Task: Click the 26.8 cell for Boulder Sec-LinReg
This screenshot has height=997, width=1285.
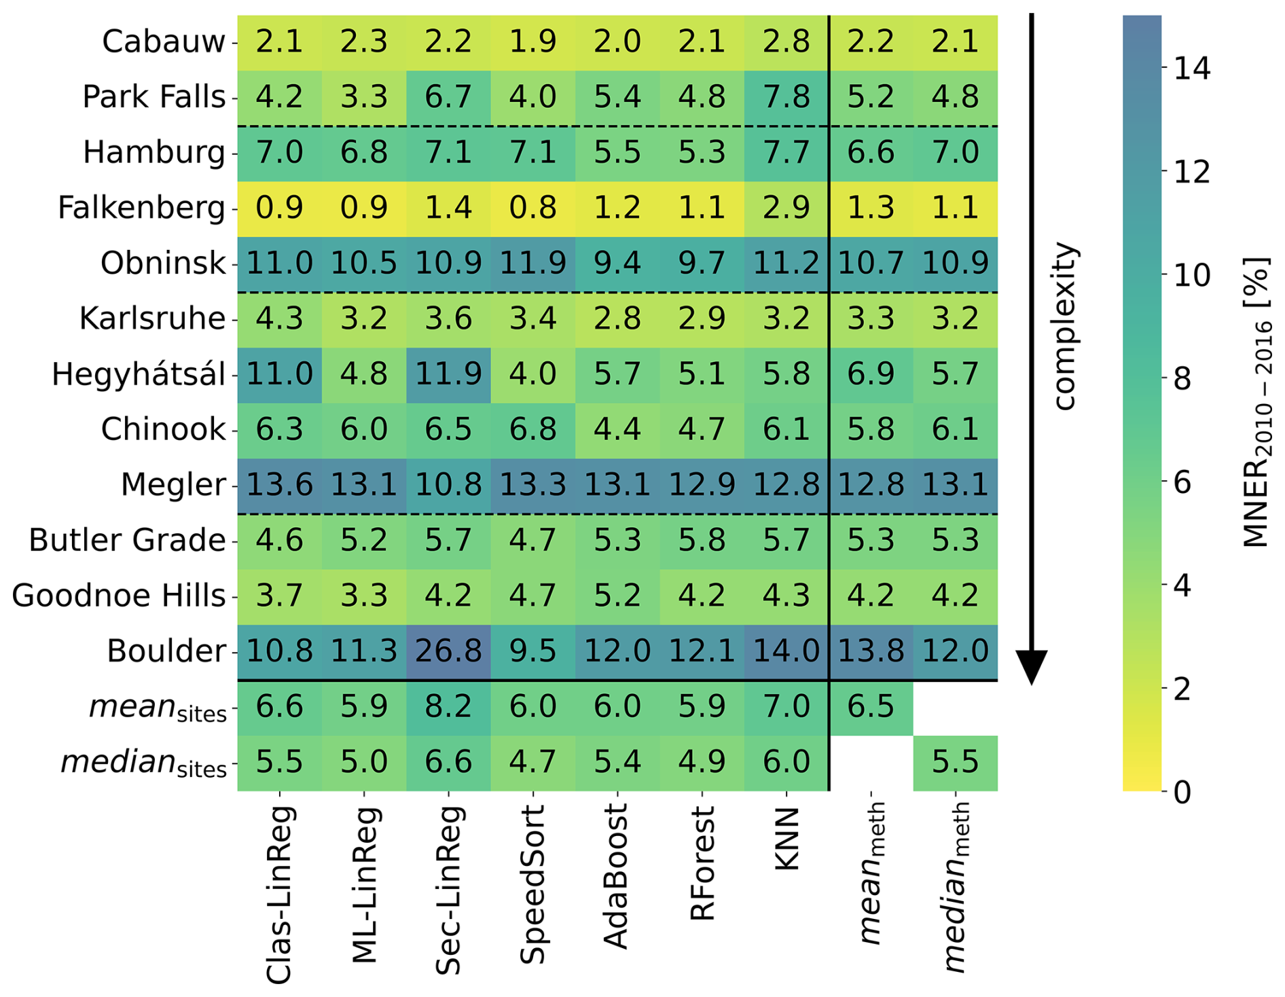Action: (x=448, y=651)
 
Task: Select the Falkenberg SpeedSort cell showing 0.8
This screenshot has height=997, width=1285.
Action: (x=532, y=208)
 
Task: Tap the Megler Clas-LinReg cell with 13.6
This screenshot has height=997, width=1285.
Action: (x=279, y=485)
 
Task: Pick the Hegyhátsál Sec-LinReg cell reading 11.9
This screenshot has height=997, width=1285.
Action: (x=448, y=374)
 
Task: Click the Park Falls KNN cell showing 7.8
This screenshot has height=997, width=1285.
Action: (x=786, y=97)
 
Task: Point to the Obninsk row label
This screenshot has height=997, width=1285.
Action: (x=163, y=264)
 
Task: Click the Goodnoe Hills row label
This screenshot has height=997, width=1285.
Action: (x=119, y=596)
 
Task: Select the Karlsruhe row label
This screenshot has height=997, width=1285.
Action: (x=152, y=319)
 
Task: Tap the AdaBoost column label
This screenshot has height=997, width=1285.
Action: (x=616, y=876)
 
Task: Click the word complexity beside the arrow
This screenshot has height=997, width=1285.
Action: (x=1064, y=326)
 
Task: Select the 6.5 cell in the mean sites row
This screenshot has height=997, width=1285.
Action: (x=871, y=707)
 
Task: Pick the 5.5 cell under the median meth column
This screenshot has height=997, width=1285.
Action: (x=955, y=763)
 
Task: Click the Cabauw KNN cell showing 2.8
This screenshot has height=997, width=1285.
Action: (x=786, y=42)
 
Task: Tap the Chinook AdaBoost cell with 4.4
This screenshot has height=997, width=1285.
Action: (x=617, y=429)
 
